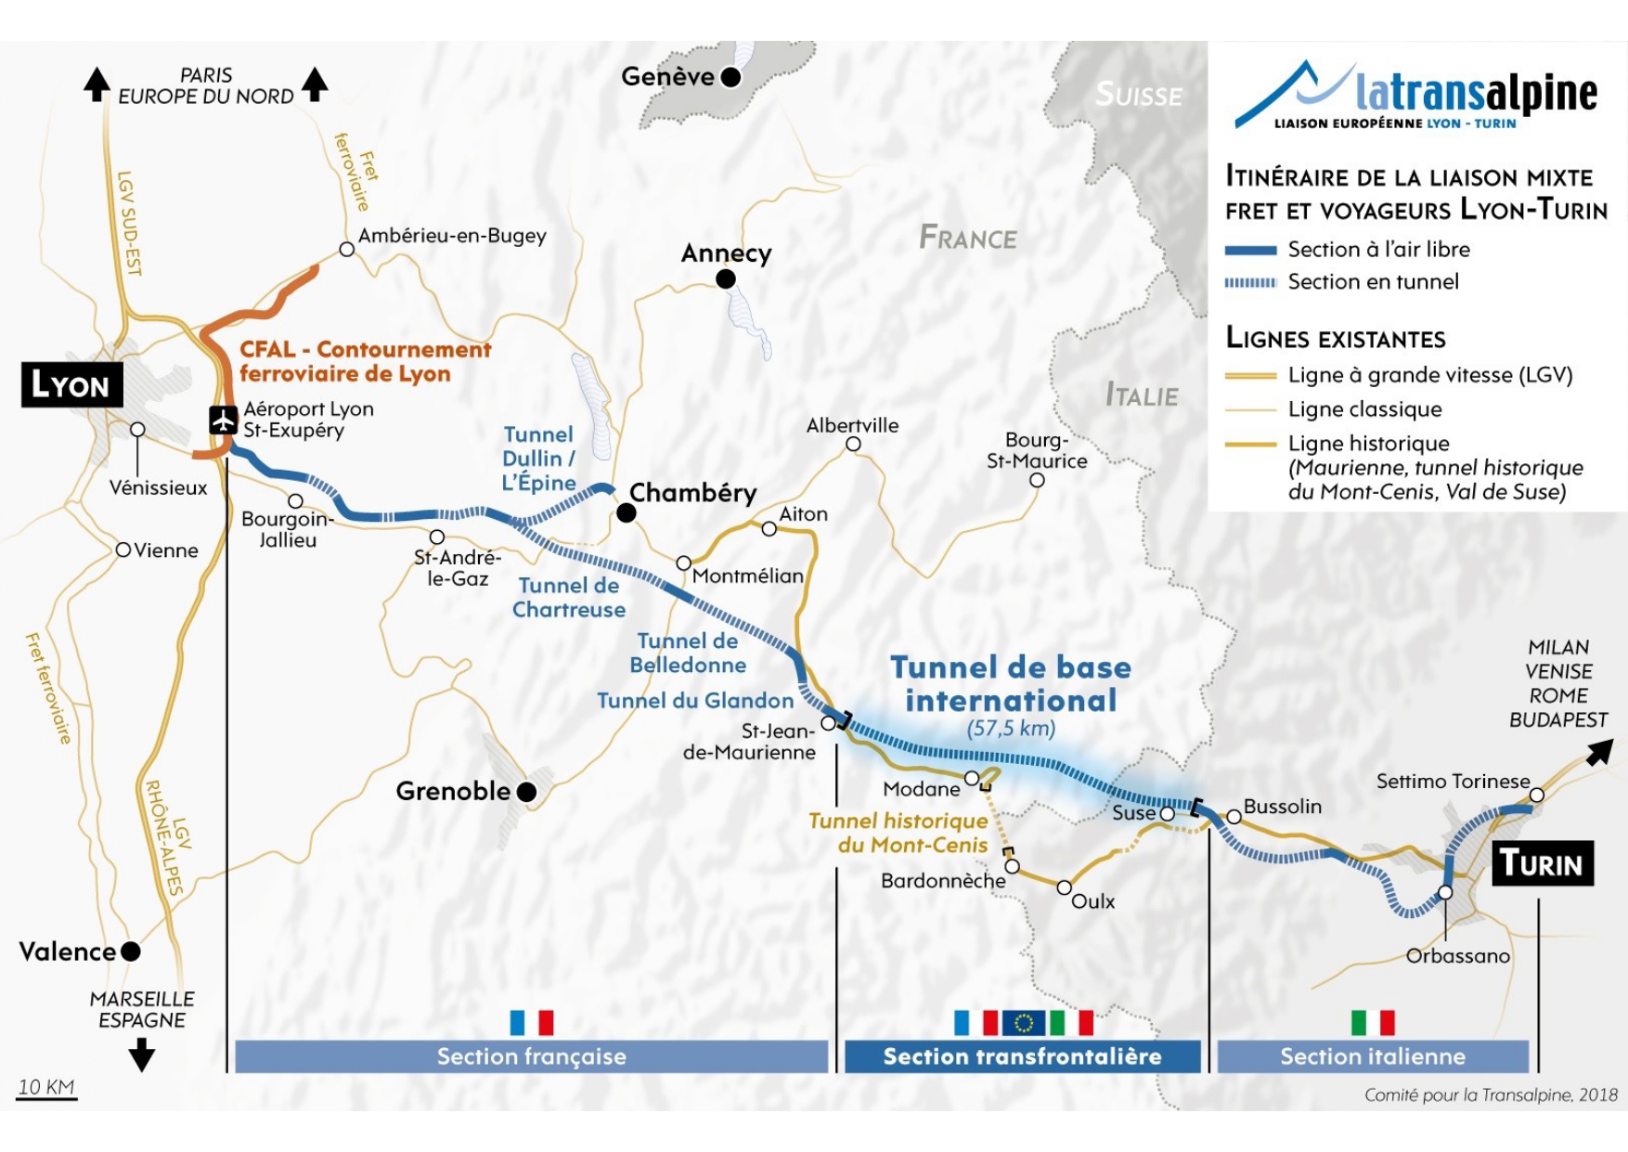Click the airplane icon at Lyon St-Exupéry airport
coord(223,421)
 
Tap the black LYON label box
coord(71,384)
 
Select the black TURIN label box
coord(1542,863)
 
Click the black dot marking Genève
coord(731,77)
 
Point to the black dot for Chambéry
coord(627,512)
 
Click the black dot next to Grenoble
coord(526,792)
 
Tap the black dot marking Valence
coord(131,951)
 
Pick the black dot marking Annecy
coord(726,278)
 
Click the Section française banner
coord(531,1056)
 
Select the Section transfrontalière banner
coord(1022,1056)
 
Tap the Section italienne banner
coord(1373,1056)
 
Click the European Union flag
coord(1023,1023)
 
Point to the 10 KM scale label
coord(46,1087)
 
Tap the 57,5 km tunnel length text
coord(1011,728)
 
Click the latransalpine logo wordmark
coord(1476,93)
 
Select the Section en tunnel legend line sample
coord(1250,282)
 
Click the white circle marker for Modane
coord(972,778)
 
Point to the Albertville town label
coord(852,426)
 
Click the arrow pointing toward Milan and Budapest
coord(1598,753)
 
